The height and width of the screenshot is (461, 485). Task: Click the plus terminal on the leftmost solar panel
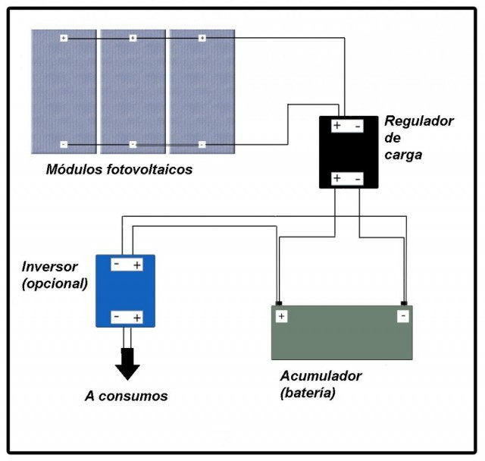[64, 38]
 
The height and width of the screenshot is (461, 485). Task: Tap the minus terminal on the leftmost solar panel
[64, 145]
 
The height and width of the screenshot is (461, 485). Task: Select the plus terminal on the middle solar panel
[133, 38]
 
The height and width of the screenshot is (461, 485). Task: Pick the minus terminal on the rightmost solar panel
[202, 145]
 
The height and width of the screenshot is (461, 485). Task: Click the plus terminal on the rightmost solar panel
[202, 38]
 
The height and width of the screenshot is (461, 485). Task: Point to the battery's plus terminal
[281, 316]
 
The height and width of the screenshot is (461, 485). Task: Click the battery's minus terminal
[403, 316]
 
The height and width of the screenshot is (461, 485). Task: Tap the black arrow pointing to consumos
[127, 364]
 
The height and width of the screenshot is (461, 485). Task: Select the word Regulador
[419, 121]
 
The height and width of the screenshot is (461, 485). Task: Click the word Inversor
[49, 267]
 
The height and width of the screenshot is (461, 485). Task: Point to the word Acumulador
[321, 376]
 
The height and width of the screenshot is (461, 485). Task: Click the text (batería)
[308, 393]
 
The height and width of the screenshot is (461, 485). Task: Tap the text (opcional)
[55, 284]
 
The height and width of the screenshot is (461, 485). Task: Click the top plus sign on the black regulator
[337, 125]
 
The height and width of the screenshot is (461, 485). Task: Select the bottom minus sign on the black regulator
[358, 179]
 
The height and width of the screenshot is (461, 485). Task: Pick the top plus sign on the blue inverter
[137, 265]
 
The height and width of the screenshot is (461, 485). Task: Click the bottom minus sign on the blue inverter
[117, 316]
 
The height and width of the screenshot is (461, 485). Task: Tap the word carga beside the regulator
[403, 155]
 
